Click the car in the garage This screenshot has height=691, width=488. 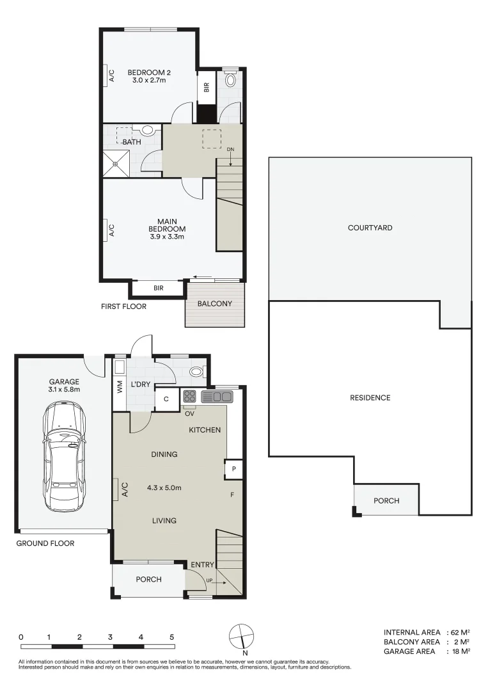[x=64, y=456]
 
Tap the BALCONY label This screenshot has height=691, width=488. [x=214, y=304]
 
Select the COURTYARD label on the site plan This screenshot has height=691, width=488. [x=370, y=227]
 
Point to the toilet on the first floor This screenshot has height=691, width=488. [x=231, y=81]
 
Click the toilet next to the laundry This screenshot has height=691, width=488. [x=198, y=372]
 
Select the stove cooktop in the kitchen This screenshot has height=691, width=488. [x=190, y=396]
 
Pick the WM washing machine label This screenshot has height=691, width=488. [x=119, y=387]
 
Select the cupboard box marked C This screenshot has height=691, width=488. [x=166, y=399]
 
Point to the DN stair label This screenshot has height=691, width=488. [x=230, y=150]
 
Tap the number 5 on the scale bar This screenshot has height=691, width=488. [x=172, y=637]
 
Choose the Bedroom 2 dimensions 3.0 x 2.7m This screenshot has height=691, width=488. [x=149, y=81]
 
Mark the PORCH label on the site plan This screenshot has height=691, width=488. [x=386, y=500]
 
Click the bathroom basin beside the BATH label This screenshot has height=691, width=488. [x=148, y=130]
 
